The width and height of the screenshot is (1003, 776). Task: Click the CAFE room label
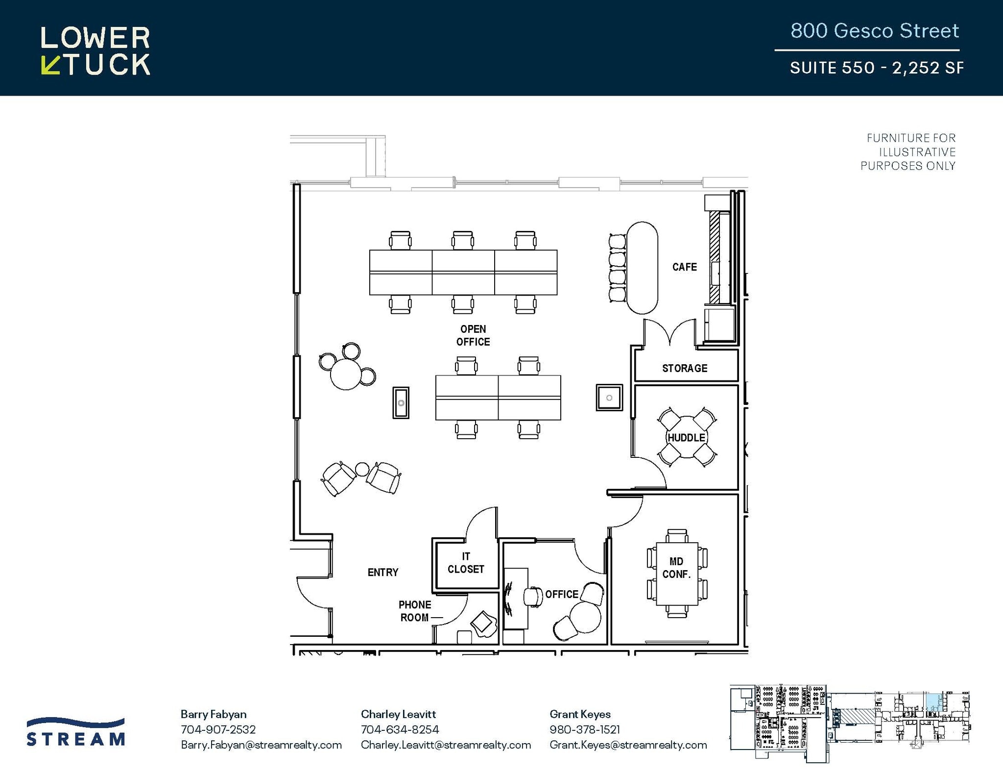tap(684, 267)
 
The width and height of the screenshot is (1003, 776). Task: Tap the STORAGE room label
tap(685, 368)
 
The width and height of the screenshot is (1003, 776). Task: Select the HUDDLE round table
tap(687, 437)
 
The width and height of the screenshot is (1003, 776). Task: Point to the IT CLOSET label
tap(466, 563)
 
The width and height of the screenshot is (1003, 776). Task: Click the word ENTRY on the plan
tap(383, 572)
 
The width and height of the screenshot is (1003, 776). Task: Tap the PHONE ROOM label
tap(415, 611)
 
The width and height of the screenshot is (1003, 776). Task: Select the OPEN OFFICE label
tap(473, 335)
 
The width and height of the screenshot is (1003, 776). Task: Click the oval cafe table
tap(642, 268)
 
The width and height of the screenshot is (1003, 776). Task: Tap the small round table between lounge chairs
tap(362, 469)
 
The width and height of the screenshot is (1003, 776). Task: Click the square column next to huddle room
tap(609, 398)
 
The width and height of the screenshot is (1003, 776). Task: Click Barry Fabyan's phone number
tap(218, 729)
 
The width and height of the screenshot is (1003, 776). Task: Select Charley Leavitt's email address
tap(446, 745)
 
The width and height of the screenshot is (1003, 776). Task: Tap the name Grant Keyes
tap(580, 714)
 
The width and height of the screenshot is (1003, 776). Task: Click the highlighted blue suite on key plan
tap(933, 702)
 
